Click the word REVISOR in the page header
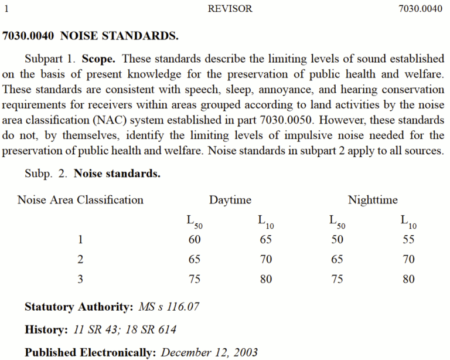[230, 9]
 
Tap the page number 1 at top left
[6, 9]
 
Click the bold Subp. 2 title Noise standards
[117, 174]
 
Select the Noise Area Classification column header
[80, 200]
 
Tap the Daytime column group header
[230, 200]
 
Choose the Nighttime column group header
[373, 200]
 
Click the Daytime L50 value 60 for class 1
[195, 239]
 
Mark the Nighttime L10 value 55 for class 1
[408, 239]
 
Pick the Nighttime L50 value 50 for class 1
[337, 239]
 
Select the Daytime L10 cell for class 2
[266, 259]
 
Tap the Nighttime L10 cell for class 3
[408, 279]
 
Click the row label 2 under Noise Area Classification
[80, 259]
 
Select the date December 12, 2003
[209, 353]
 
